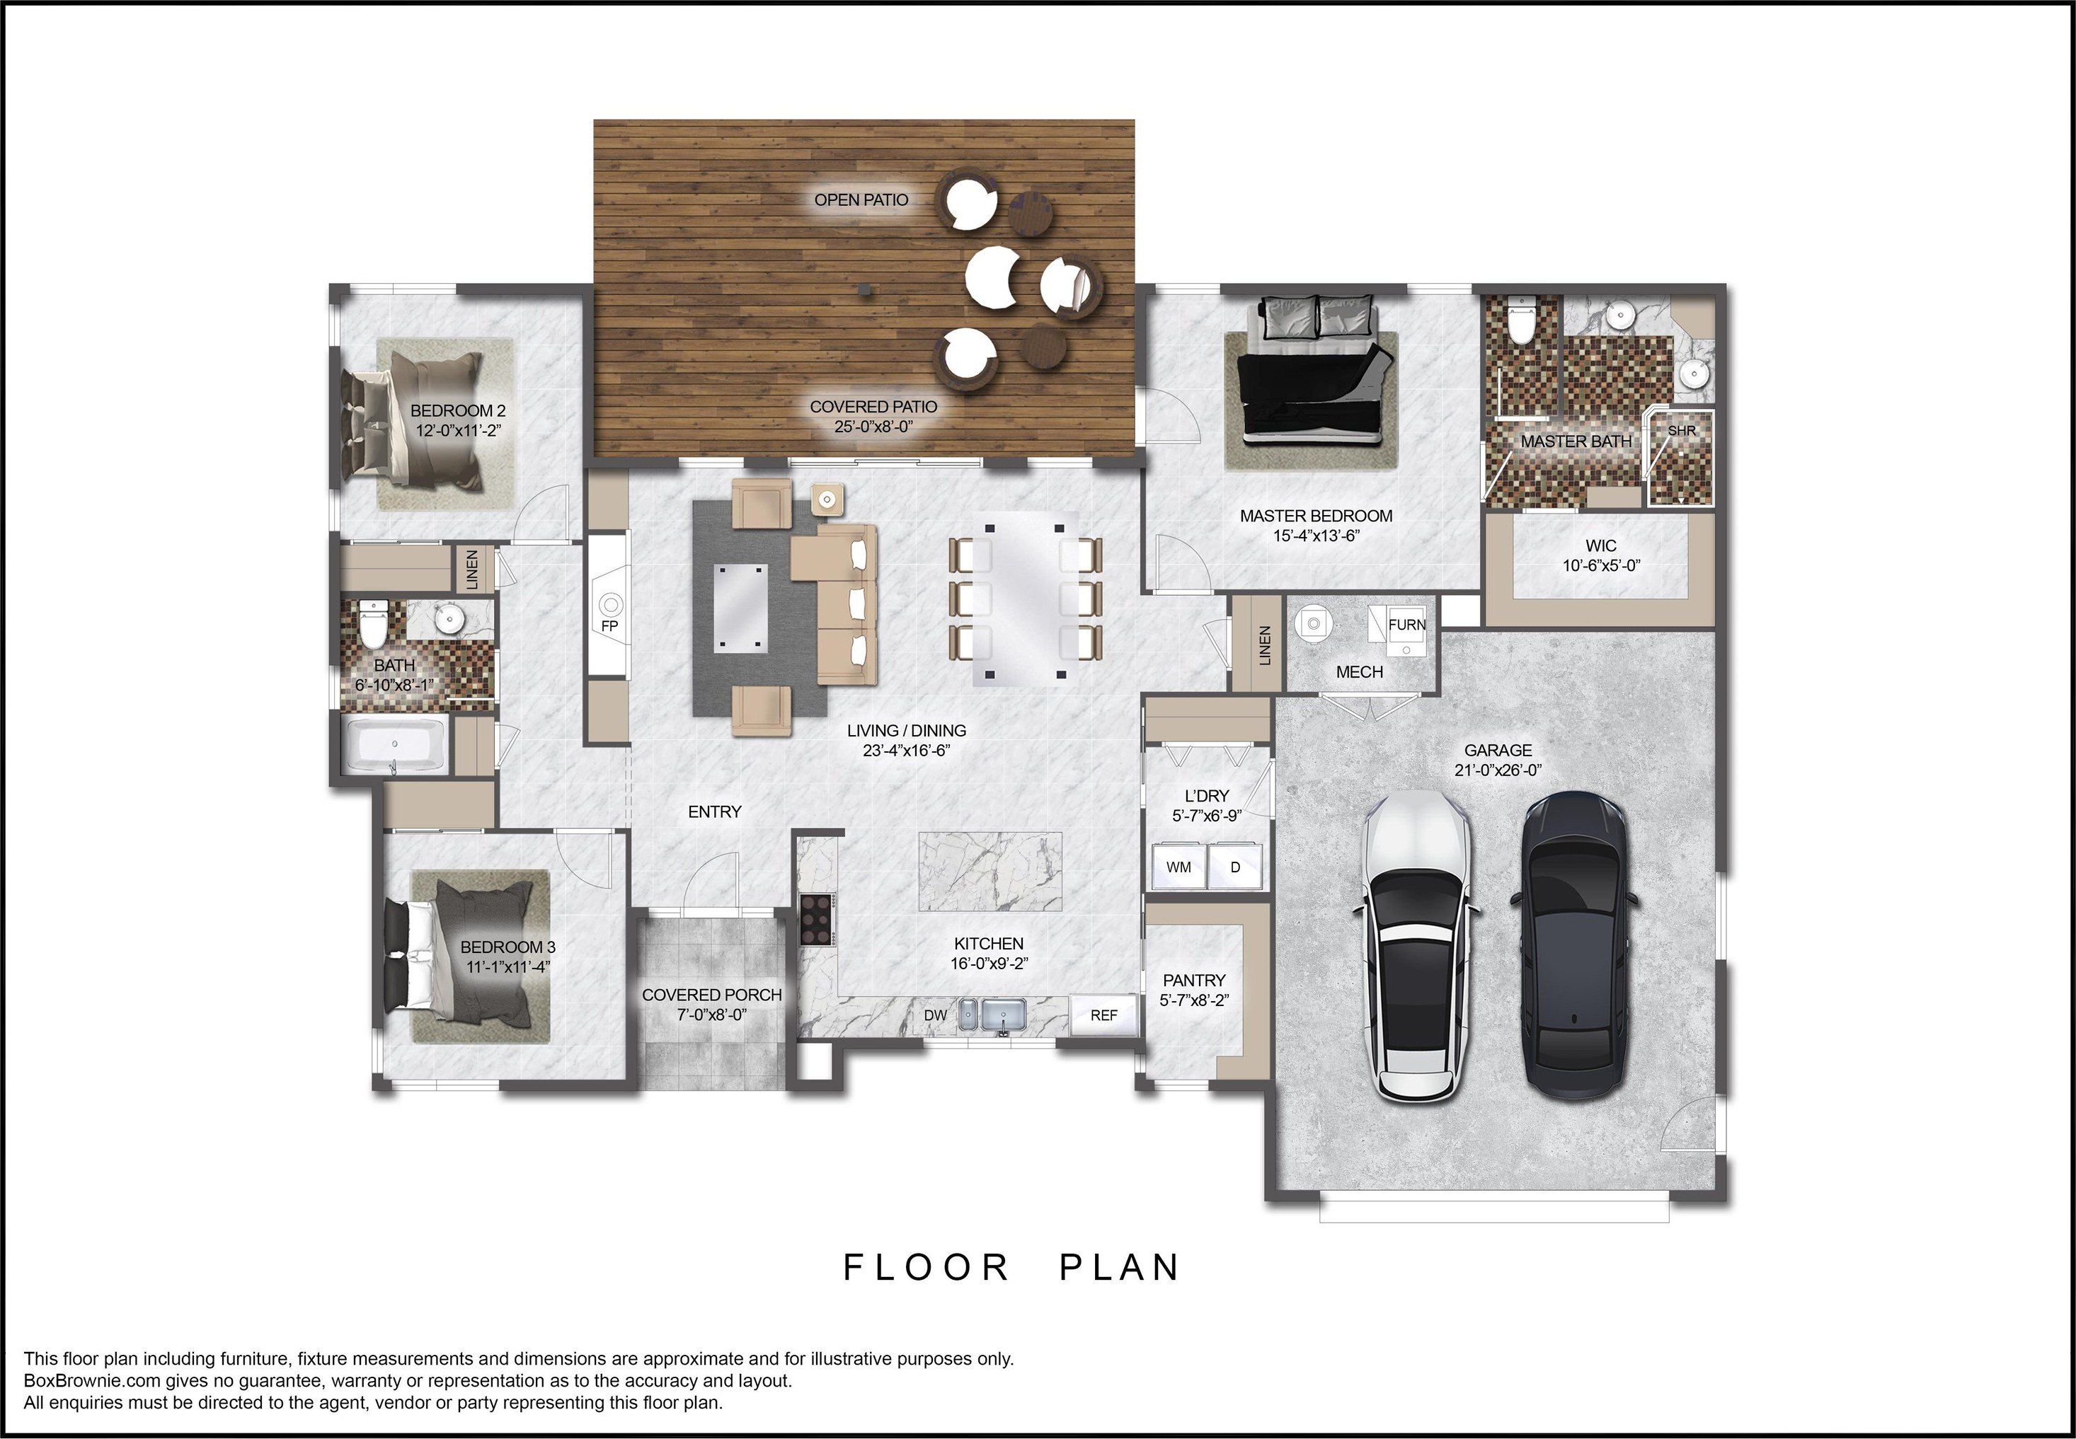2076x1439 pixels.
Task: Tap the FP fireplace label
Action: (609, 625)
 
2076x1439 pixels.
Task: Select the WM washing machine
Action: (1178, 867)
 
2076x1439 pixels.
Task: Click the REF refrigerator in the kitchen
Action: (1103, 1015)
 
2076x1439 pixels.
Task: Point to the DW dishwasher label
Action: (935, 1015)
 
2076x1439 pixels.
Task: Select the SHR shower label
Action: (1682, 431)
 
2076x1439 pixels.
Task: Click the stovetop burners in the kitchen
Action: (816, 919)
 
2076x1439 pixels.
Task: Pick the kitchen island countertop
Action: (990, 872)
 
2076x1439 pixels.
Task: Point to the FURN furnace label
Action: (1407, 625)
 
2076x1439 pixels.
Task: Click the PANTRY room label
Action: (1194, 980)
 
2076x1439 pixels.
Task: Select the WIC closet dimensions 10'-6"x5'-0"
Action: (1601, 565)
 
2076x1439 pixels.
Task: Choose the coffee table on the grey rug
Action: (740, 607)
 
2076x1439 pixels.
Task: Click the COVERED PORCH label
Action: (711, 995)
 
